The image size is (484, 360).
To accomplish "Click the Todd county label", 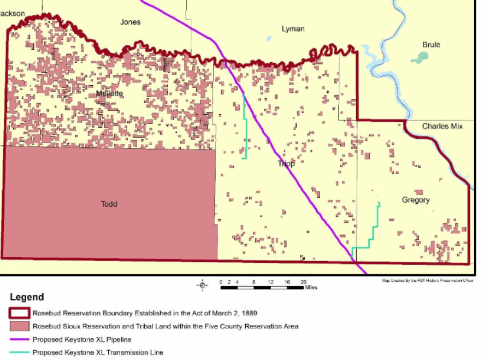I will point(109,204).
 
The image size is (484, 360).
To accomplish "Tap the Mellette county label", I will point(109,93).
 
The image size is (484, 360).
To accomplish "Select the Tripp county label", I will point(286,164).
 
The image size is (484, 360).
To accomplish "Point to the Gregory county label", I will point(416,200).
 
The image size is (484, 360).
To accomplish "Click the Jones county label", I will point(130,22).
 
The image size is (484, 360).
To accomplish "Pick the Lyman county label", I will point(293,29).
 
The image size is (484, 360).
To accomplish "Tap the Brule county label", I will point(431,45).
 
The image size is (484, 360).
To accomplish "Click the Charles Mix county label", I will point(442,127).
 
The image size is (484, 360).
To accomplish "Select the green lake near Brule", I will point(420,57).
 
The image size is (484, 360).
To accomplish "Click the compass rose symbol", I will point(203,285).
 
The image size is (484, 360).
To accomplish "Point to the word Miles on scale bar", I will point(311,287).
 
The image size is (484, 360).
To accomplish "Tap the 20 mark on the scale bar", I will point(303,281).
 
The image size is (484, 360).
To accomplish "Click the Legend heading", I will point(27,298).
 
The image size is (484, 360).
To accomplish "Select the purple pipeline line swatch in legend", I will point(19,340).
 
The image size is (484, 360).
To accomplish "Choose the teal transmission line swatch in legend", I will point(19,353).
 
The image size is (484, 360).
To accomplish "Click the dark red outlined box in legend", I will point(19,314).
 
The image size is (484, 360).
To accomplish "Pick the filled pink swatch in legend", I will point(19,327).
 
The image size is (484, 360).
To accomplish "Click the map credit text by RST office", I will point(427,281).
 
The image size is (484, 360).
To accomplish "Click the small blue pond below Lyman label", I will point(269,39).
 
